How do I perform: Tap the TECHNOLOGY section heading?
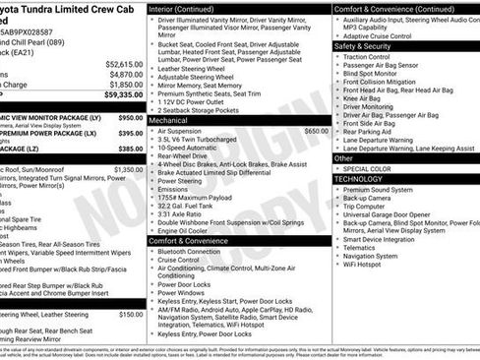pos(358,178)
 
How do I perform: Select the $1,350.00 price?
pos(129,169)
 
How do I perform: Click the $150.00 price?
pos(131,314)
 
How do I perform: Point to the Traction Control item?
pos(366,57)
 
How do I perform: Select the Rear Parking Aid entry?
pos(369,130)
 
